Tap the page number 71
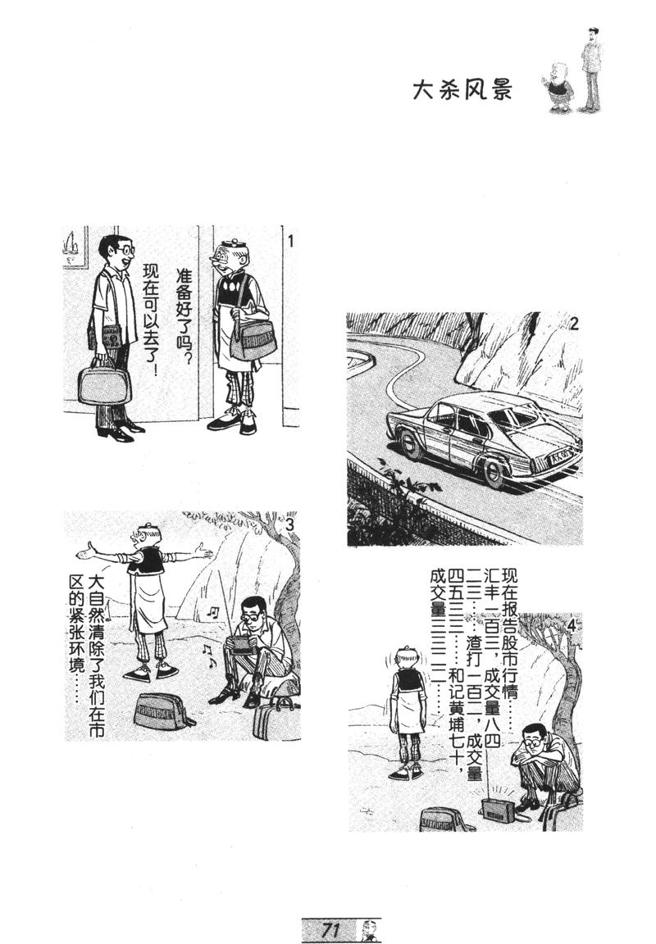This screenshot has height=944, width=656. tap(331, 929)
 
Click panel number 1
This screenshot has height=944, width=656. tap(290, 240)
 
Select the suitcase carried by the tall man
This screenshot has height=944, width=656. tap(104, 384)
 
